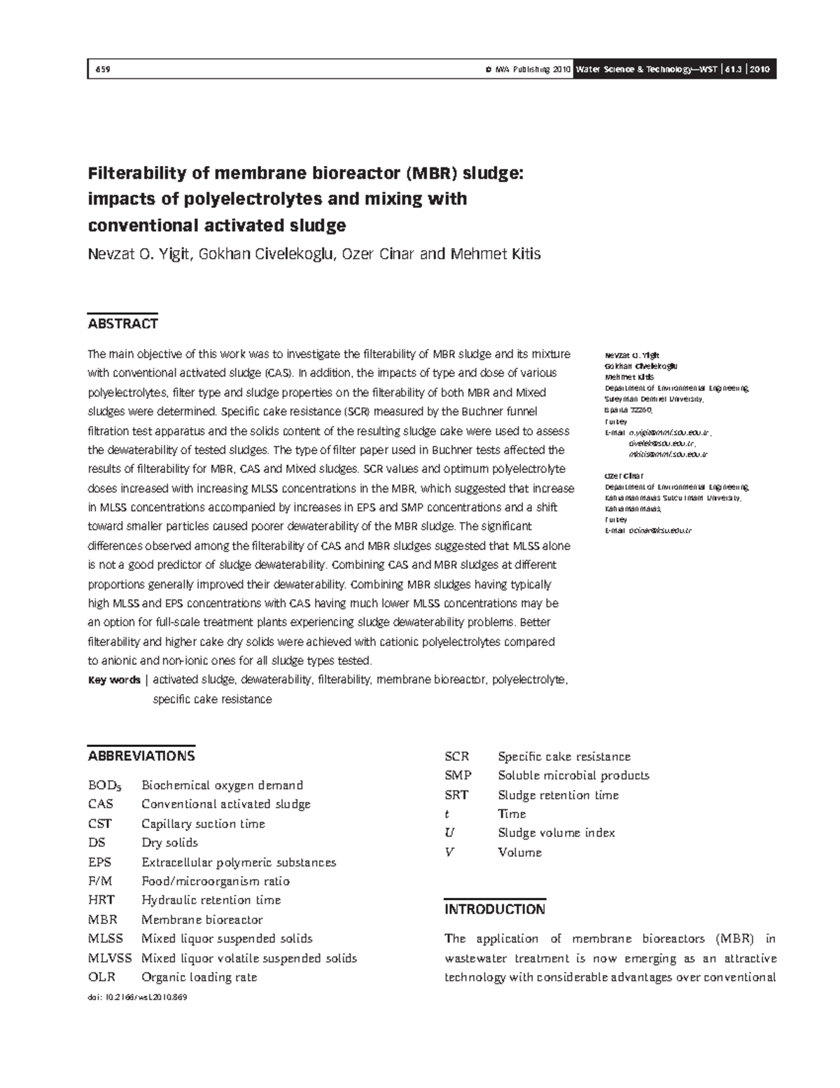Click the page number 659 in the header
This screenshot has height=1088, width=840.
(x=101, y=69)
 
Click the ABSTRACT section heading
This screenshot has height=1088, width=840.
(x=122, y=324)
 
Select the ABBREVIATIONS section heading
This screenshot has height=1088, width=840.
(x=141, y=756)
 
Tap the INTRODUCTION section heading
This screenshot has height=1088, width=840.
(x=494, y=909)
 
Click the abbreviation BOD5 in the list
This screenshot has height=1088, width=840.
(x=103, y=785)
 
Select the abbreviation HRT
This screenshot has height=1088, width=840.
(x=101, y=900)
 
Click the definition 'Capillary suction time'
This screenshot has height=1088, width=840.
(x=203, y=824)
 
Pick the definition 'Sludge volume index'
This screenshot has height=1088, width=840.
(x=556, y=833)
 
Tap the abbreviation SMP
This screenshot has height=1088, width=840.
(x=458, y=776)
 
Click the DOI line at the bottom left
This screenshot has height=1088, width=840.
(x=133, y=997)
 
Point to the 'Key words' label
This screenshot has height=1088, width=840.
(x=113, y=680)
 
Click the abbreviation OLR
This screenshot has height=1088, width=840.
(x=101, y=977)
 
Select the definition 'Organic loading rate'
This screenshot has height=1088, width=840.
(x=199, y=977)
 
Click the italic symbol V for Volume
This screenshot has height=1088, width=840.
(x=449, y=853)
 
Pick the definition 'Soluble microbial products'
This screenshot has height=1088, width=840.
(x=573, y=776)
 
